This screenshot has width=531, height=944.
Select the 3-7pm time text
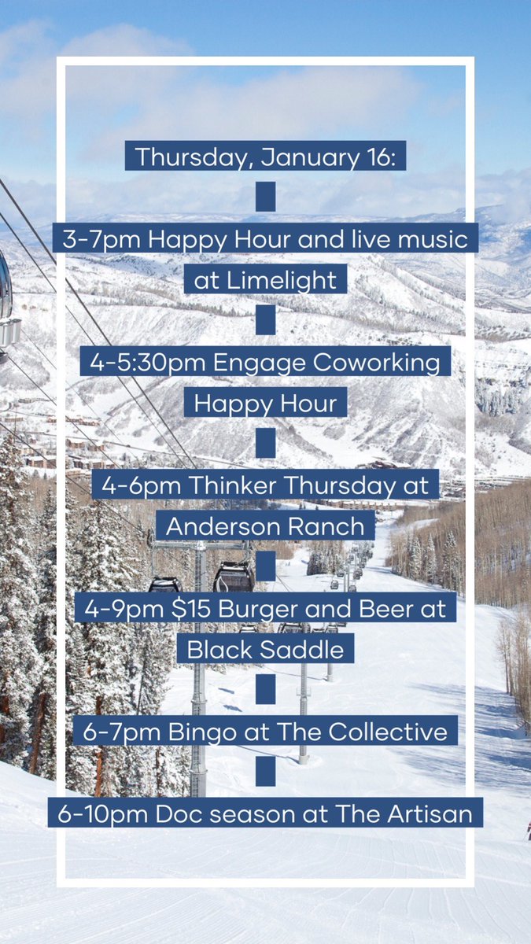pos(94,238)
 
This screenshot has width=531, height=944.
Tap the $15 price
pos(183,607)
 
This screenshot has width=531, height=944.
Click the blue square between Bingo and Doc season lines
pos(266,772)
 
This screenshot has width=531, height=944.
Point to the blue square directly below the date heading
pos(266,197)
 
